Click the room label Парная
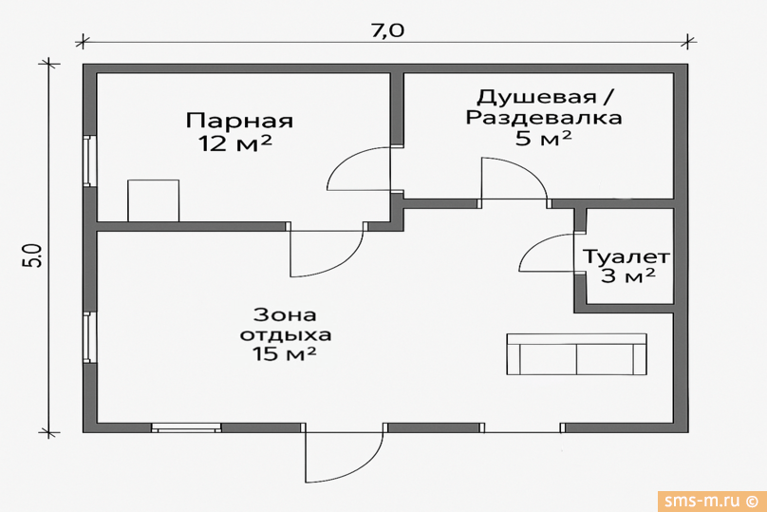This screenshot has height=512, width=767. (x=239, y=122)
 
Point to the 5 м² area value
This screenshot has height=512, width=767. (x=543, y=140)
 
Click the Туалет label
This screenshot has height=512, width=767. (x=627, y=257)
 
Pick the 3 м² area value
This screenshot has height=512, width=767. (x=628, y=277)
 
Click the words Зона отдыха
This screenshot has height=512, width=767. (x=285, y=324)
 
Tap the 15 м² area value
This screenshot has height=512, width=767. (x=285, y=354)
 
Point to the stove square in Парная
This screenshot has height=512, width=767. (x=153, y=200)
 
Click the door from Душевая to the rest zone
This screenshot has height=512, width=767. (x=512, y=180)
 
